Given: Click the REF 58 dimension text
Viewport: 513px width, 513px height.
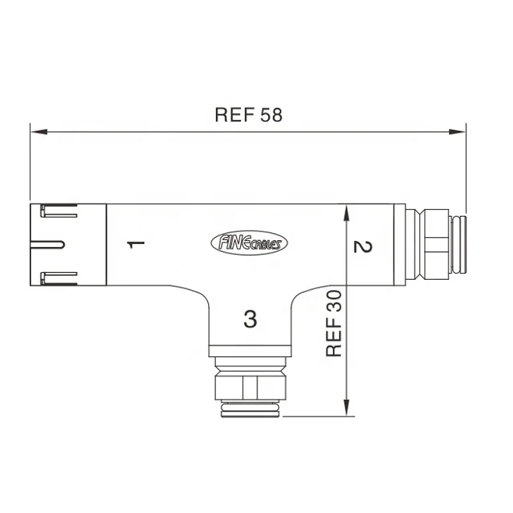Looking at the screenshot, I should click(248, 115).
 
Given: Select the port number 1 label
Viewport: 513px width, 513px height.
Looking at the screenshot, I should click(136, 244).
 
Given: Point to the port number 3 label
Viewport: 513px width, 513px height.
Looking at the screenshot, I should click(249, 318).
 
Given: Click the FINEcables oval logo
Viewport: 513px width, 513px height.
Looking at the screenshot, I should click(249, 243).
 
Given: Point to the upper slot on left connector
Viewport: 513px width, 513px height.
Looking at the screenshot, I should click(59, 211).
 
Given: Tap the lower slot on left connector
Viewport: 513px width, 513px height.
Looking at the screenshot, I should click(59, 276).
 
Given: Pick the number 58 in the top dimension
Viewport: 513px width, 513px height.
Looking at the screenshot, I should click(271, 115).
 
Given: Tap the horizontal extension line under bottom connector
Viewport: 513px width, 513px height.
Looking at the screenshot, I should click(312, 416).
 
